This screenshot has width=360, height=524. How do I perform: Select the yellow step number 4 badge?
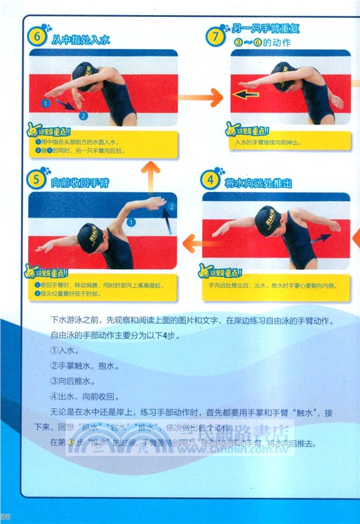click(210, 179)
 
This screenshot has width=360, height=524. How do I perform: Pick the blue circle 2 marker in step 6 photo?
click(83, 115)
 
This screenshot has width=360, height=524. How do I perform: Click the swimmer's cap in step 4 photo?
click(268, 221)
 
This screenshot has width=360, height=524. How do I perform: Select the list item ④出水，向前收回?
click(84, 396)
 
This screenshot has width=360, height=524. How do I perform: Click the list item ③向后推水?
click(75, 378)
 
